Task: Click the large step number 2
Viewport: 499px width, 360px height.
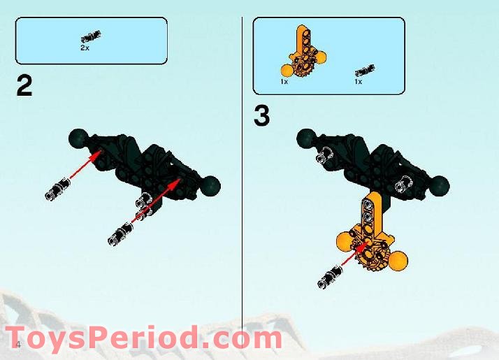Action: click(x=24, y=87)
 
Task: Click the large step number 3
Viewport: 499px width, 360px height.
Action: click(x=261, y=116)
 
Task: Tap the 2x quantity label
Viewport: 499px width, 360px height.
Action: click(x=85, y=48)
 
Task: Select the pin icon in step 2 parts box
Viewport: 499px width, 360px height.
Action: click(x=91, y=36)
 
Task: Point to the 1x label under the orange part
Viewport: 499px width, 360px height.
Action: click(x=284, y=82)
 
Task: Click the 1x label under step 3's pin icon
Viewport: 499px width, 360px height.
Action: click(x=358, y=82)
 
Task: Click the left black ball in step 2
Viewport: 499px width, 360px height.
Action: click(x=78, y=139)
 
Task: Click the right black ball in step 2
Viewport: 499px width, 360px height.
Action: click(x=211, y=185)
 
